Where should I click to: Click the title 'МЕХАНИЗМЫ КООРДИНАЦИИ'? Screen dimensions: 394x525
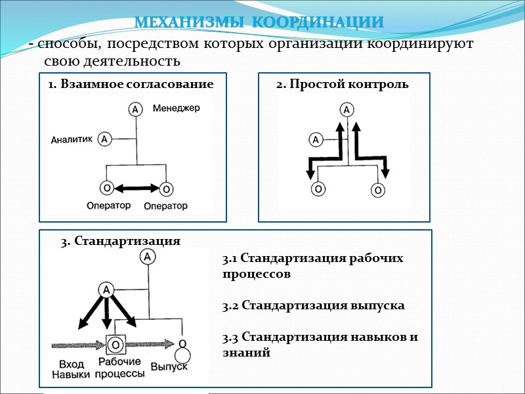point(259,22)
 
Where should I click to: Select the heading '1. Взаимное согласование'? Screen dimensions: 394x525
point(131,84)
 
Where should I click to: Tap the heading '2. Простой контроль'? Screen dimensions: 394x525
point(342,84)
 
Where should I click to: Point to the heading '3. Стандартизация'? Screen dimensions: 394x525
point(120,241)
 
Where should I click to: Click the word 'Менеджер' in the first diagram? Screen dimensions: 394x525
point(177,107)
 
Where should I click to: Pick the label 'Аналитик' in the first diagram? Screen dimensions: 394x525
point(72,139)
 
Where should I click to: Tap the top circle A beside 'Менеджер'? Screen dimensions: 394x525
point(135,110)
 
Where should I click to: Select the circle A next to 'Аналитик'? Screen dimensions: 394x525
point(104,139)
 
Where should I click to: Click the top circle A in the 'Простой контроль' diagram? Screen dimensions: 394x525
point(347,110)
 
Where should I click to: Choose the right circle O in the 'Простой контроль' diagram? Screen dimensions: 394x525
point(377,190)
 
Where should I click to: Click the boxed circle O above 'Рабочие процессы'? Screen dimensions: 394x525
point(116,344)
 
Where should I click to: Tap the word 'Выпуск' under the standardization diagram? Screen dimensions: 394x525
point(169,365)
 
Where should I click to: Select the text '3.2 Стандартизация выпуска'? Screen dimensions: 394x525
point(313,305)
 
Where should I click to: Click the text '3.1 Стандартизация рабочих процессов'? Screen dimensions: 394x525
point(313,266)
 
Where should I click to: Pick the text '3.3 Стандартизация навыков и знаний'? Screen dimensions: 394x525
point(320,345)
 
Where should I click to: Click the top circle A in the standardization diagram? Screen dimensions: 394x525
point(148,257)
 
